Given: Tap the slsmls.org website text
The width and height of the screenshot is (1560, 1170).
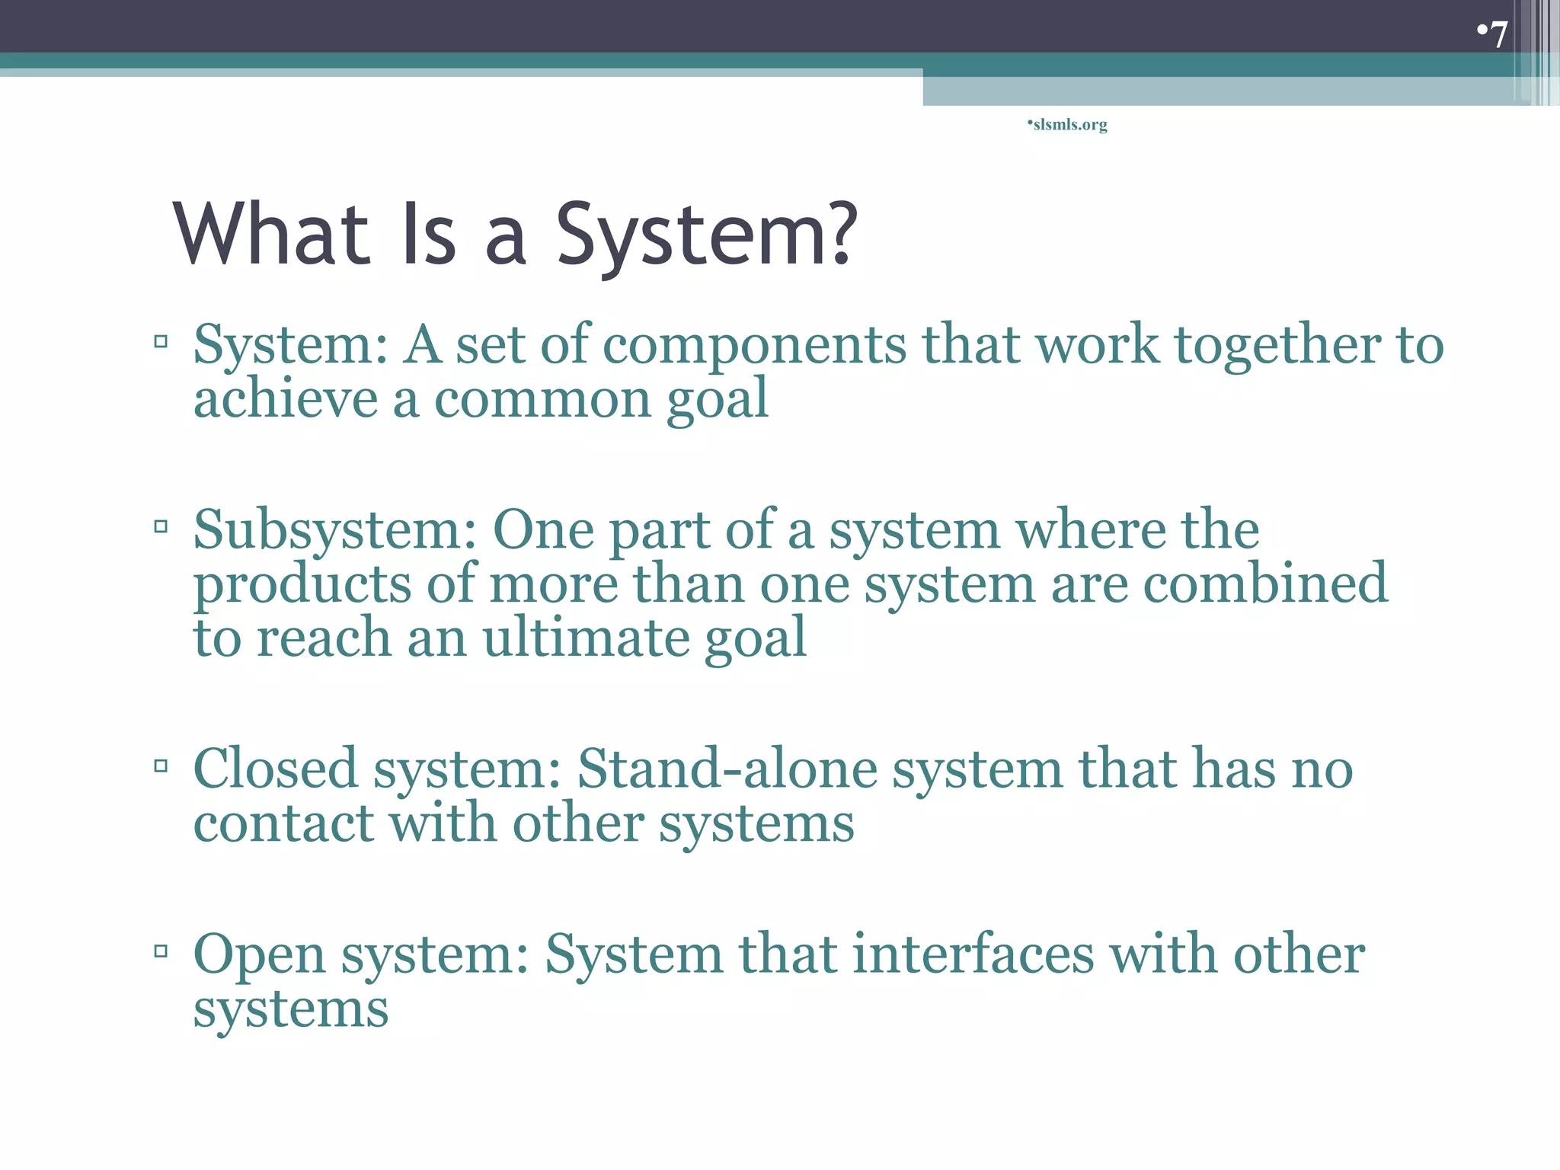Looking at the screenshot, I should pos(1069,124).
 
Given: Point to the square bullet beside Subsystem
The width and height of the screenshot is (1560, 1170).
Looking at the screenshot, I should pos(161,526).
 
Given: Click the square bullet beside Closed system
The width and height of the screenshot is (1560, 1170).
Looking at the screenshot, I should pos(161,765).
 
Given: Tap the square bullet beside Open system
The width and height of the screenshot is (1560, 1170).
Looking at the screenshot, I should pos(161,950).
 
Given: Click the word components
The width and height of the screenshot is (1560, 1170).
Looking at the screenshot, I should pos(754,346).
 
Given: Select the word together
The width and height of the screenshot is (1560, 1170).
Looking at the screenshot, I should pos(1277,346).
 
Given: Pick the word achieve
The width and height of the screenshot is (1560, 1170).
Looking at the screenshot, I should pos(285,399).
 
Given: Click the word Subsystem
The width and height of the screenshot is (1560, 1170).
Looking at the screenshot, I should pos(334,531).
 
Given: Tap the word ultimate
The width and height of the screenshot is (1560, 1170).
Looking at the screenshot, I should pos(585,638).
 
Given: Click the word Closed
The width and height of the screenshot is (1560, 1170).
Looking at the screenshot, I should pos(275,769).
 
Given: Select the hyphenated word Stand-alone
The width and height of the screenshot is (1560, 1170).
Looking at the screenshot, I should pos(727,769).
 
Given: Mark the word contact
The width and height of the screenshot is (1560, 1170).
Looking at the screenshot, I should pos(283,823).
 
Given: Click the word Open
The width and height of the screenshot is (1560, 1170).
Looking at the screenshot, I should pos(259,955).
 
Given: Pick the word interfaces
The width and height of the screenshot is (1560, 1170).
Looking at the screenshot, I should pos(973,954).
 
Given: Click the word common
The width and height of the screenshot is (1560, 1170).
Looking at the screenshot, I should pos(542,399).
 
